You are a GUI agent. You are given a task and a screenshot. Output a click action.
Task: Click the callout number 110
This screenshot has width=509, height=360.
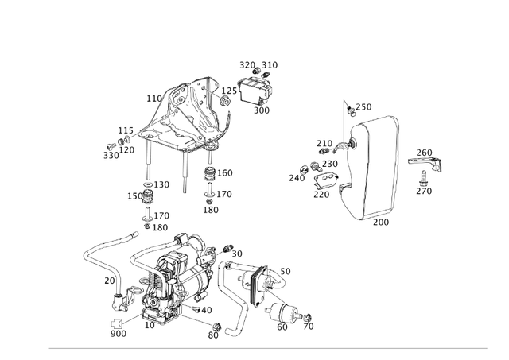153,99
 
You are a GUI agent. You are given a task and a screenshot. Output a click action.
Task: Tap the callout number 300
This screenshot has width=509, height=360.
262,110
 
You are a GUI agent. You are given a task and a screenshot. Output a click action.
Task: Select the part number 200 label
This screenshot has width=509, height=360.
381,223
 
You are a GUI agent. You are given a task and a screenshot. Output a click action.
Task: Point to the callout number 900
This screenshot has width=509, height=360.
119,334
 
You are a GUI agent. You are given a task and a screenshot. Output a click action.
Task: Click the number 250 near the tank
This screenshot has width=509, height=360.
363,107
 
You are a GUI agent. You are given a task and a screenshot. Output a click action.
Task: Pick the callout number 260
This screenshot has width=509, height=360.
425,153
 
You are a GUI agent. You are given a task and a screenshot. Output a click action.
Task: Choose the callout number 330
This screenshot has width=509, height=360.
111,156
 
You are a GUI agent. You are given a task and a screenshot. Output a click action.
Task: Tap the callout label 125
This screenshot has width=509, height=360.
229,91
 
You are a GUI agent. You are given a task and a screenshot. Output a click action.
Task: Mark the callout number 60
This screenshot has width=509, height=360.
282,327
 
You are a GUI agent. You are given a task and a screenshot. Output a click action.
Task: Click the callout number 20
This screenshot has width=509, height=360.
110,281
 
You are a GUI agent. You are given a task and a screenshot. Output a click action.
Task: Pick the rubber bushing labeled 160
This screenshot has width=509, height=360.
210,175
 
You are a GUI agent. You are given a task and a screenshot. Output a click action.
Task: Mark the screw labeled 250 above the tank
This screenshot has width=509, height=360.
350,109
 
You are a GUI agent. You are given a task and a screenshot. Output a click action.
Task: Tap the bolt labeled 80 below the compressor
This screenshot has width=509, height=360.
216,326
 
